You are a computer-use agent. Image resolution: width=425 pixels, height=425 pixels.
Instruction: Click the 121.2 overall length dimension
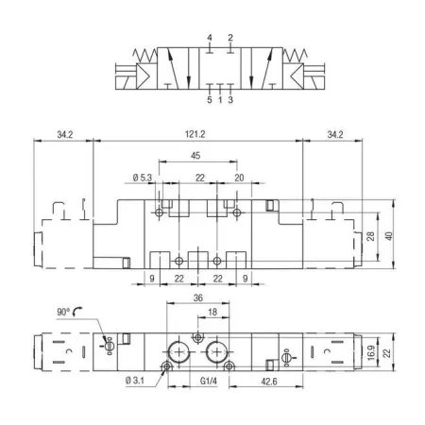(195, 134)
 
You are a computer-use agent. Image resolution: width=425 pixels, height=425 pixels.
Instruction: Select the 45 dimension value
(195, 156)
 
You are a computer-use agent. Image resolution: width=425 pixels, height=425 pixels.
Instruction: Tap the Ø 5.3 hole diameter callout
(143, 178)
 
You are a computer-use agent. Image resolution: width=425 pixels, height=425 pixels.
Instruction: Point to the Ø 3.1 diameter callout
(135, 381)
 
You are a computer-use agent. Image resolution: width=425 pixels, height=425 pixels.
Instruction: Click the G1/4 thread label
(209, 382)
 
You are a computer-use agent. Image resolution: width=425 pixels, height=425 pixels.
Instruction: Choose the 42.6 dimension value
(269, 382)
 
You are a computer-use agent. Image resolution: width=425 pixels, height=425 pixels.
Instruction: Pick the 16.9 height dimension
(371, 352)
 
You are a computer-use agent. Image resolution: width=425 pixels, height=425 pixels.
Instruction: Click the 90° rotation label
(63, 312)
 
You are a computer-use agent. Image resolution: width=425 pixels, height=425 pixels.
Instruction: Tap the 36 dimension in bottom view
(198, 297)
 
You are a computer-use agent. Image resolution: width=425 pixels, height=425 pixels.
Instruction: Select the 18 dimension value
(212, 312)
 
